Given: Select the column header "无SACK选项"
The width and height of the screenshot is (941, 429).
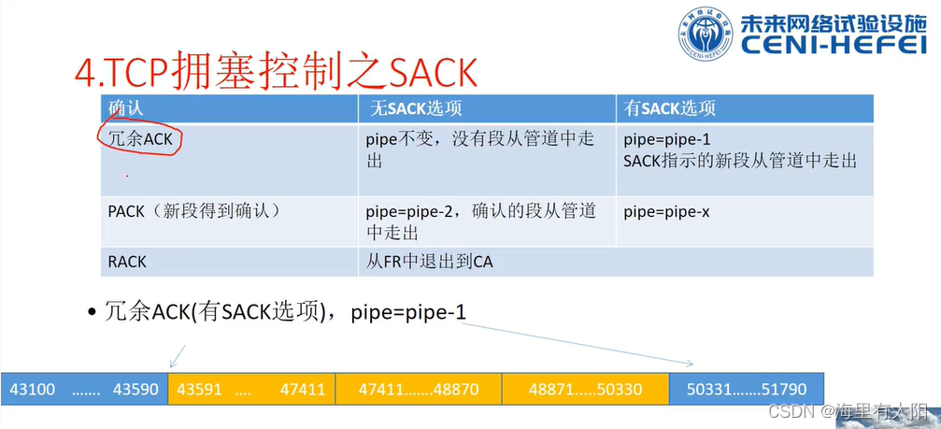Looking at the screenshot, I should (x=414, y=108).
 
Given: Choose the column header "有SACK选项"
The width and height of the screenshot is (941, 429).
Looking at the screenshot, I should (x=669, y=108).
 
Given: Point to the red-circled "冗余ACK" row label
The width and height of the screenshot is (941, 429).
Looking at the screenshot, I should (x=140, y=140).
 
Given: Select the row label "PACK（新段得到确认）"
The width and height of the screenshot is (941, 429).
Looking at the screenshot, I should (x=194, y=212).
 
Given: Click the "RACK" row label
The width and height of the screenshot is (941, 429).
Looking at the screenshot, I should (x=127, y=262).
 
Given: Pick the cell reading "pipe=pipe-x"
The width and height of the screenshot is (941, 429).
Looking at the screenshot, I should (x=666, y=212).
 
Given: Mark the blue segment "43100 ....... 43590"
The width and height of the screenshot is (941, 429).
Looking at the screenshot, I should (x=84, y=389).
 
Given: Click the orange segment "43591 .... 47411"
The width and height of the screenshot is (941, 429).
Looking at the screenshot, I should (x=251, y=389).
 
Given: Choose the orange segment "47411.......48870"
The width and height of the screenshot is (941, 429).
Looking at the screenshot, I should (x=419, y=389).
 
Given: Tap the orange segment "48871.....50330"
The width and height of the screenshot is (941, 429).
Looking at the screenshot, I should (x=585, y=389).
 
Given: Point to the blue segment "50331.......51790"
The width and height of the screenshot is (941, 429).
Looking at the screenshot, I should (x=747, y=389).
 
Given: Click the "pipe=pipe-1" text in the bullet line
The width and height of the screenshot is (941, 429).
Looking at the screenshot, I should (x=408, y=312).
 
